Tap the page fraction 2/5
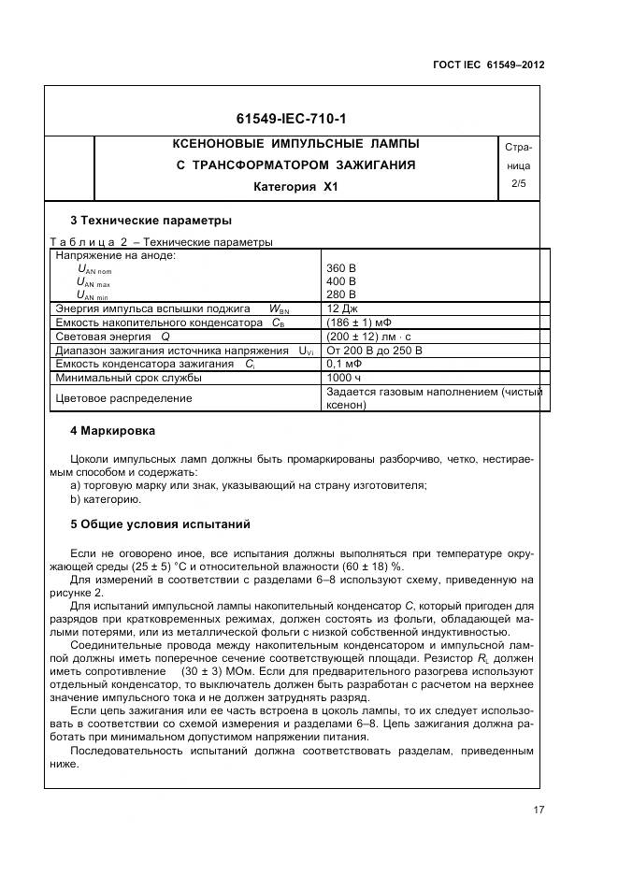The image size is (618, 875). point(518,184)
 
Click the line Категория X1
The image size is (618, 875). point(295,186)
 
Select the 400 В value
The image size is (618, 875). point(341,280)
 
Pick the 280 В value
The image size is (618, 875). point(341,294)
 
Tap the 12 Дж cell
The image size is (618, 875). point(342,308)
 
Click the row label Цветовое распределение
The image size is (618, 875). point(124,398)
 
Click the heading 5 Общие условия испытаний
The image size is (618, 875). point(161,524)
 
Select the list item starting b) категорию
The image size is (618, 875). point(106,498)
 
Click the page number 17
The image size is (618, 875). point(538,810)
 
